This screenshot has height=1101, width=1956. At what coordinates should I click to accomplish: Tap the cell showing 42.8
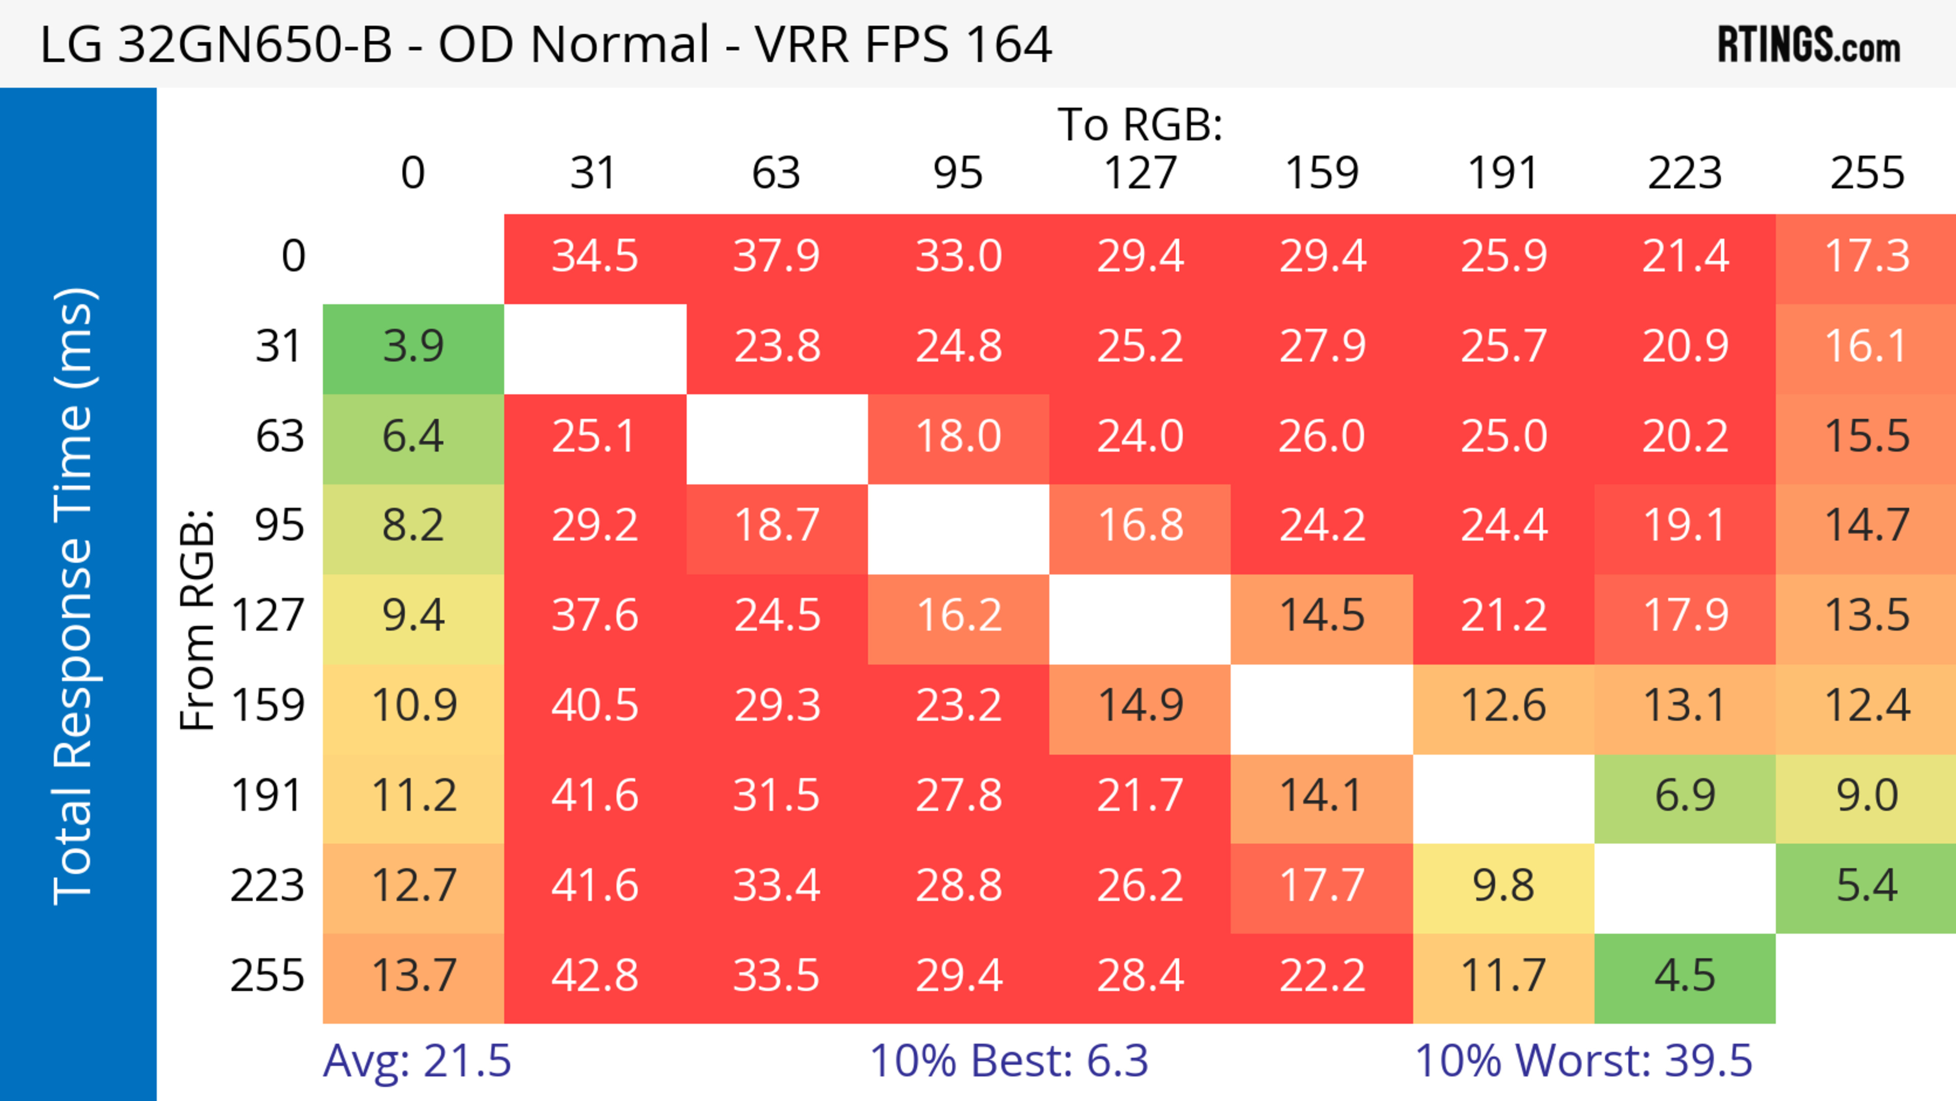(594, 976)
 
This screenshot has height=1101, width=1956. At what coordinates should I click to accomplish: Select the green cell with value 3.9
(413, 347)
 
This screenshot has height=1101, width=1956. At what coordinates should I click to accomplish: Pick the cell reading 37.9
(776, 256)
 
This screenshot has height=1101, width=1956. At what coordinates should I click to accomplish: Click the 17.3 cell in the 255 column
(1866, 256)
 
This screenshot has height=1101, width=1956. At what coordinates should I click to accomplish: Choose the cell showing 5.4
(1866, 885)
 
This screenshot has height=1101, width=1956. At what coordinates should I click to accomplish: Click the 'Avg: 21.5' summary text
(417, 1061)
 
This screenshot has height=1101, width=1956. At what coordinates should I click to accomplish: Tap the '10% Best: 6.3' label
(1009, 1061)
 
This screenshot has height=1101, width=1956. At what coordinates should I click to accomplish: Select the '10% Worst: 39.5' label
(1583, 1061)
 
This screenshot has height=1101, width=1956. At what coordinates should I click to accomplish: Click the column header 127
(1140, 173)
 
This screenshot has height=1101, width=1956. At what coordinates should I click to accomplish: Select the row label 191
(267, 796)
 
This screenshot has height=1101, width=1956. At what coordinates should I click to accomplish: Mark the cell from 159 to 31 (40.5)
(594, 706)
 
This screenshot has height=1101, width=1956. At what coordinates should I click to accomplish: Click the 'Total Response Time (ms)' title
(74, 596)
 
